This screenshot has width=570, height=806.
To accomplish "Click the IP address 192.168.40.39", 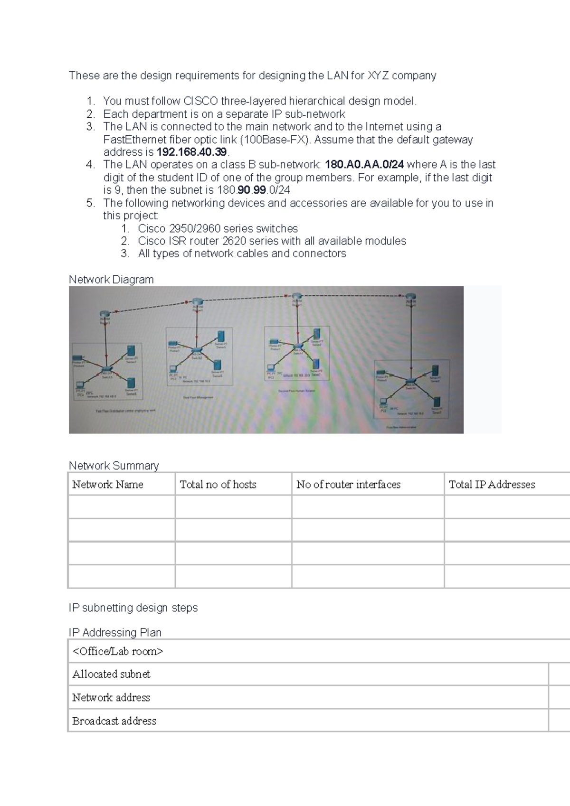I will [192, 152].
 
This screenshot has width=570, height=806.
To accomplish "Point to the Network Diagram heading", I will [111, 280].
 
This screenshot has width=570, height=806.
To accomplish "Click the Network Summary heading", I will [114, 466].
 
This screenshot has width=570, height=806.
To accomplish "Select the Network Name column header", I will [107, 485].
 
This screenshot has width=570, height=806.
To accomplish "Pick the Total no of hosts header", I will [218, 485].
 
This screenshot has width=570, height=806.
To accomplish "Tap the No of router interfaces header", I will [348, 485].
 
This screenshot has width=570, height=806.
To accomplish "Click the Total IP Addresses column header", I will [492, 485].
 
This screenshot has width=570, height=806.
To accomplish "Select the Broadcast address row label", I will [114, 721].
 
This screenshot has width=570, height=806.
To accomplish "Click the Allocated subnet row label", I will [111, 674].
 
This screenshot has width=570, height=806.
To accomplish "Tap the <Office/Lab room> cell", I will [117, 651].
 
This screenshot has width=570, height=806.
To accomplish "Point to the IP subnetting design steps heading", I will [133, 608].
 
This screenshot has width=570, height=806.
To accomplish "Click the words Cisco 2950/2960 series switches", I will [218, 228].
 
